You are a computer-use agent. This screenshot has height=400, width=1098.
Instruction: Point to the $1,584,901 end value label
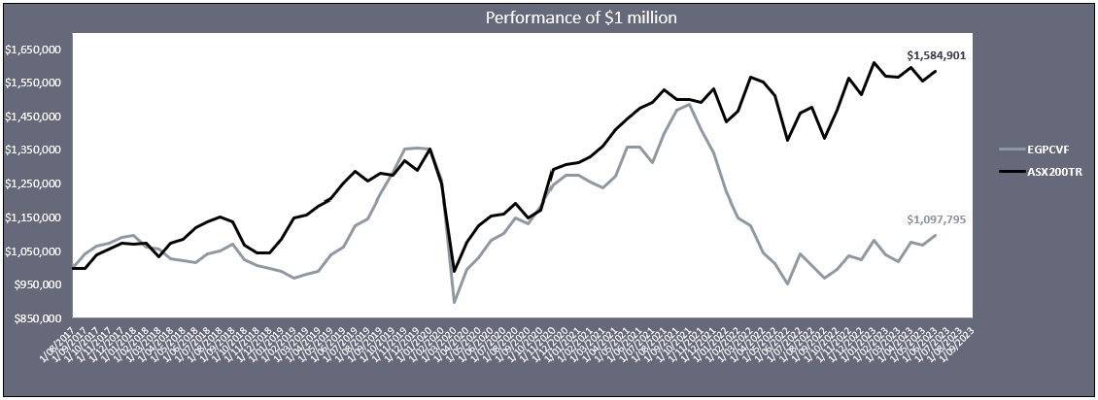point(936,55)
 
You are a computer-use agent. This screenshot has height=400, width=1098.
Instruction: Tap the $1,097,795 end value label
point(936,220)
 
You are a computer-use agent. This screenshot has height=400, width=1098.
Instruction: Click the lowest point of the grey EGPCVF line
point(454,302)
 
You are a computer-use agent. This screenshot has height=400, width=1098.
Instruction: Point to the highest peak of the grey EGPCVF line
point(688,104)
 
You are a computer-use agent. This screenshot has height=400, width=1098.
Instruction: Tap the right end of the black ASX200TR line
point(936,71)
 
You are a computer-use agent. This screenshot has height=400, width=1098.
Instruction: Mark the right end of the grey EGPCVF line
point(936,235)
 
